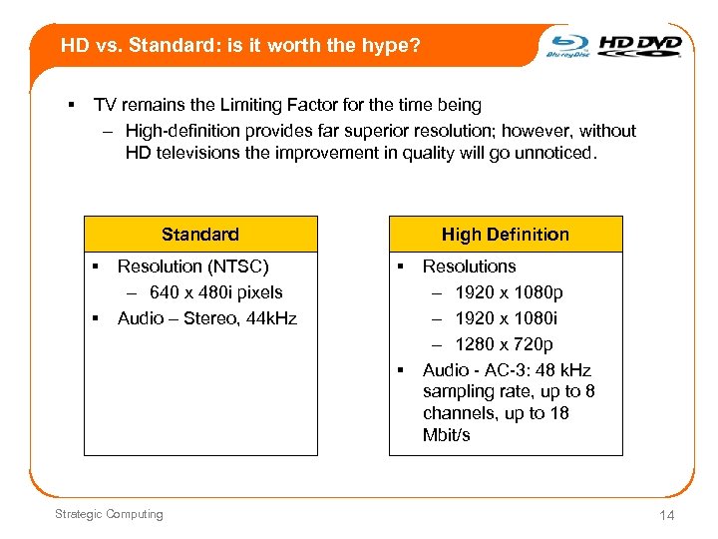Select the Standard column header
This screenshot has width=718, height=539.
coord(200,235)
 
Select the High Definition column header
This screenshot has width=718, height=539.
coord(505,235)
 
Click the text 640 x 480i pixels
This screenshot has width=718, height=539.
coord(215,292)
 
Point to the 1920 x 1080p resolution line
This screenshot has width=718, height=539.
coord(509,292)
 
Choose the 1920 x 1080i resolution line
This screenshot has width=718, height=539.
coord(507,318)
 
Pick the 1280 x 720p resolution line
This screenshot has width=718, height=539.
coord(505,344)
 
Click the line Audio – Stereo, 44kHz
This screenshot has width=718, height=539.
coord(206,318)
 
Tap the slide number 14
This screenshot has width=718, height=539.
coord(667,515)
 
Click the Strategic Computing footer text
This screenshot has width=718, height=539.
coord(110,514)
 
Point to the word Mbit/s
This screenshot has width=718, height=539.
coord(446,436)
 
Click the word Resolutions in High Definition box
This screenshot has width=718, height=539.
coord(469,267)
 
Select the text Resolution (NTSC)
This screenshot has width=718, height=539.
coord(192,267)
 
